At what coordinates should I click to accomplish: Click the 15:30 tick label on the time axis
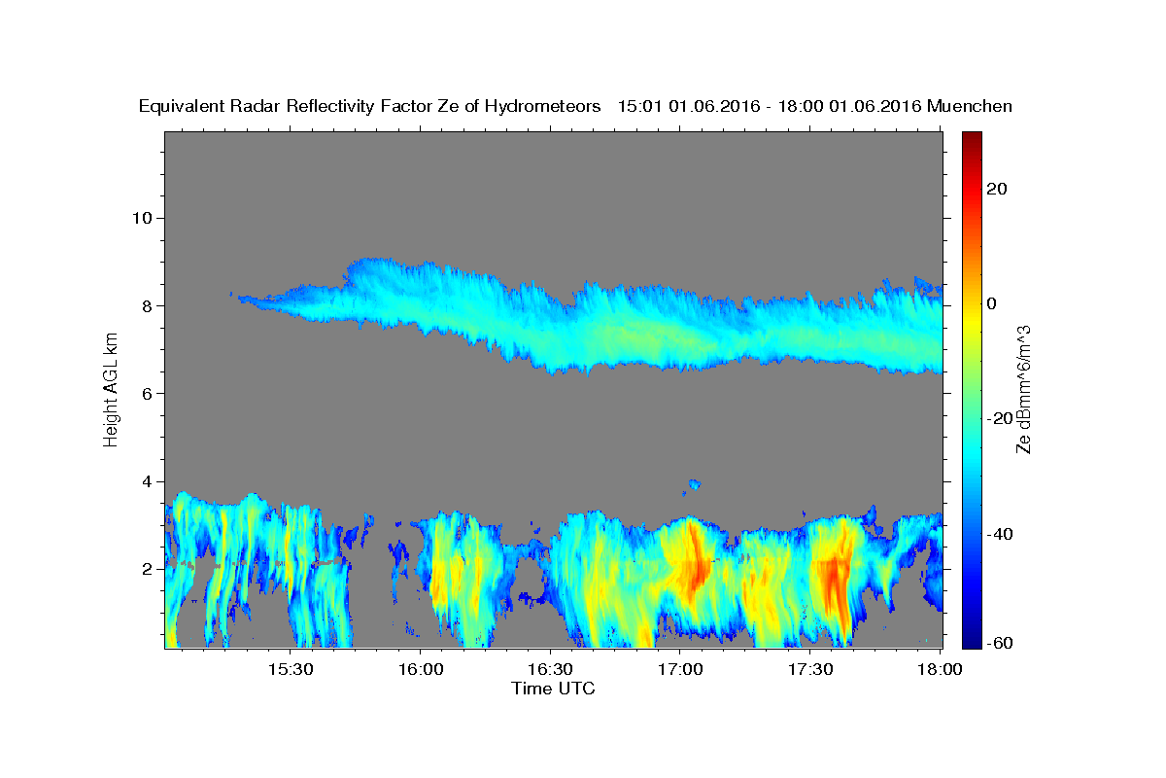point(291,669)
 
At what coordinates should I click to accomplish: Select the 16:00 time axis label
point(421,669)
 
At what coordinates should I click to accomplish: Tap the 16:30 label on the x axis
point(550,669)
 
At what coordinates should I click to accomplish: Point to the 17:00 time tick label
point(680,669)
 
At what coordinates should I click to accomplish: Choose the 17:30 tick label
point(810,669)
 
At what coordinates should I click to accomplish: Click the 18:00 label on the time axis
point(940,669)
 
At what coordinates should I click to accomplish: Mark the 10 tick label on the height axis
point(142,218)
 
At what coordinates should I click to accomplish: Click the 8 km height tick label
point(148,306)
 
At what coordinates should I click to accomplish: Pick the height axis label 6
point(148,394)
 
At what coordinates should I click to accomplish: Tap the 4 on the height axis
point(148,481)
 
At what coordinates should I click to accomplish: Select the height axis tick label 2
point(148,569)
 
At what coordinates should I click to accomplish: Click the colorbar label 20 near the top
point(997,189)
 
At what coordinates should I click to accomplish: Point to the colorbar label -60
point(1000,643)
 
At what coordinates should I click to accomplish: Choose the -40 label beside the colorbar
point(1000,534)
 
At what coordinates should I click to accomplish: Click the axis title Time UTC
point(553,689)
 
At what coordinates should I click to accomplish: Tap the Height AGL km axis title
point(111,390)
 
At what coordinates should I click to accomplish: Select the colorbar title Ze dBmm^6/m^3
point(1023,390)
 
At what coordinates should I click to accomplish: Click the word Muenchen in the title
point(970,106)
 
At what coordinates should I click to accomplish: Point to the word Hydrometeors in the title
point(542,107)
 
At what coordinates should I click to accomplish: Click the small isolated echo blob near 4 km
point(695,484)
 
